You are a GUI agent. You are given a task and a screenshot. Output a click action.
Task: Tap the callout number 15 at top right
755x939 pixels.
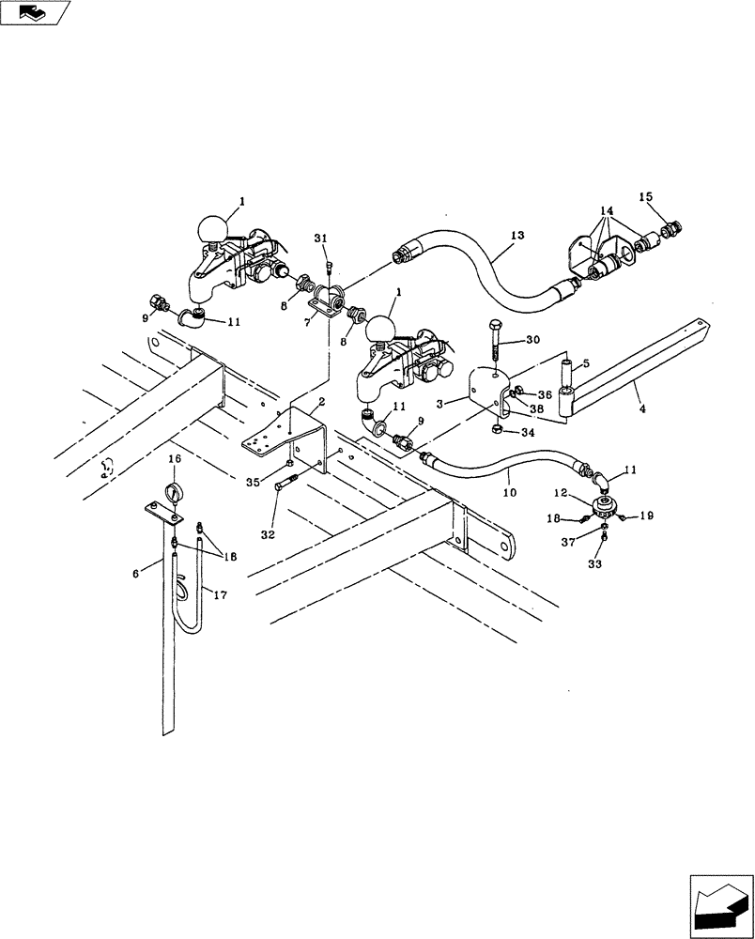646,197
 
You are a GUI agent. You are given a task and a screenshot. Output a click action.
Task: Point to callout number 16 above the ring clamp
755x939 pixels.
174,458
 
